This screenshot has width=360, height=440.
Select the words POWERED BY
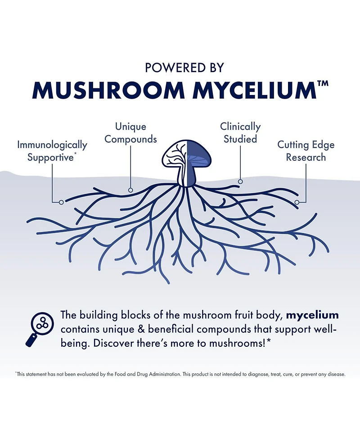pos(184,68)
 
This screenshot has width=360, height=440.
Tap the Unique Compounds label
pos(130,133)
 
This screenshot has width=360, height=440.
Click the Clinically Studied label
pos(240,133)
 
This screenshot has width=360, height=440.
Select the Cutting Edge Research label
pos(306,151)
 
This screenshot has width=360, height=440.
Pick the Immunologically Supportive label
pos(52,151)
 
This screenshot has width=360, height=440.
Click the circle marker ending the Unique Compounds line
pos(130,190)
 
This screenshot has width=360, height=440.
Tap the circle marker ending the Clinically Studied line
pos(240,181)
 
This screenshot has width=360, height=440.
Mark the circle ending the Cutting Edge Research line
pos(297,202)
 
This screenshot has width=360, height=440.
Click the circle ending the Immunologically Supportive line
pos(61,202)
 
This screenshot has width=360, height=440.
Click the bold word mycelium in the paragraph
pos(312,315)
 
